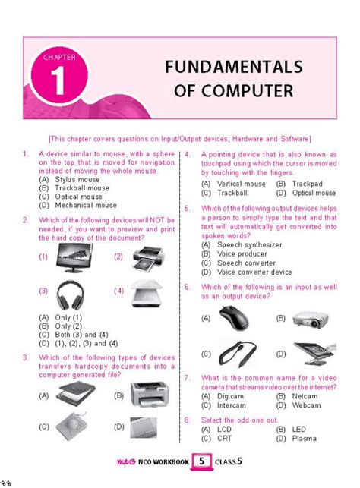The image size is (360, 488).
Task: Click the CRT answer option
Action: (223, 439)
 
